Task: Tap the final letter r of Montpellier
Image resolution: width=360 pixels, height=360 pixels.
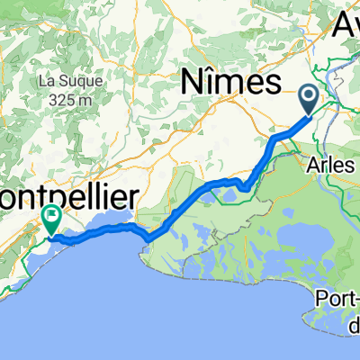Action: (x=134, y=195)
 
